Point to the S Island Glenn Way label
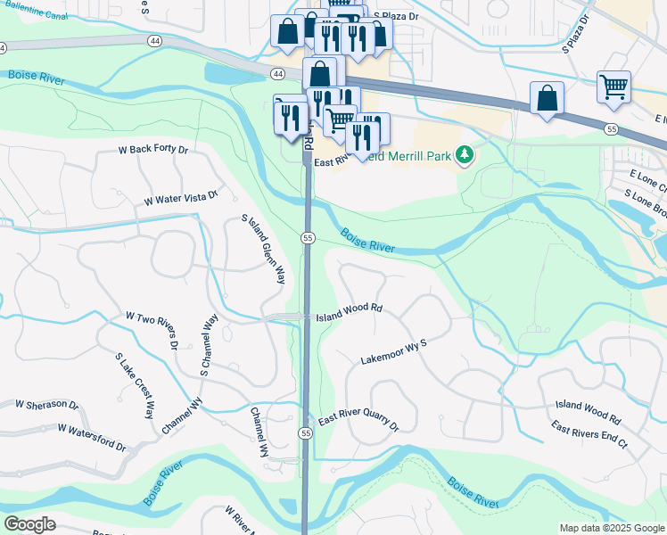point(264,249)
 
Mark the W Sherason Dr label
point(46,405)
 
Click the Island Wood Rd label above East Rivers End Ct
point(588,410)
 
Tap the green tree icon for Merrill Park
point(464,156)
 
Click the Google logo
point(29,524)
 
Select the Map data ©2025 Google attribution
point(611,528)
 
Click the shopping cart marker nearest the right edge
point(613,87)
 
